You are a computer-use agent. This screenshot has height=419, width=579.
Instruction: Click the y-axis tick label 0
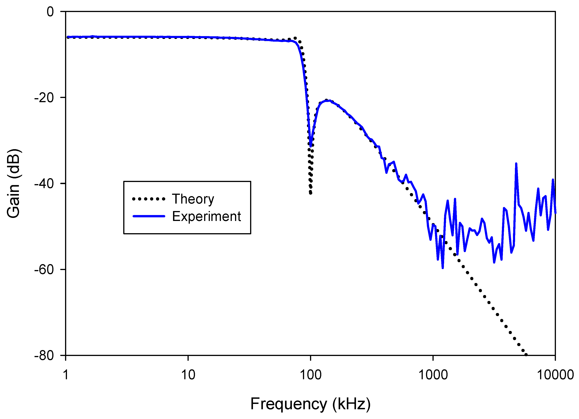[50, 12]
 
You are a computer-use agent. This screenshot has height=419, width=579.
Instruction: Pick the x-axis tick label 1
[66, 375]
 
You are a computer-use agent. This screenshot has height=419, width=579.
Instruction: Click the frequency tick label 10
[188, 375]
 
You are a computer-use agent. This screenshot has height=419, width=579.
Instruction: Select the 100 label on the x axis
[310, 375]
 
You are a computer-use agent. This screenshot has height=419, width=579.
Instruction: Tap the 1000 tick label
[433, 375]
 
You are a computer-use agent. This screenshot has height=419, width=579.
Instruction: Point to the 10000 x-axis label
[555, 375]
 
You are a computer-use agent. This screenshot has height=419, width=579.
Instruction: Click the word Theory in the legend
[193, 199]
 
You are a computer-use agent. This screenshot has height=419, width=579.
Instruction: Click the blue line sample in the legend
[149, 216]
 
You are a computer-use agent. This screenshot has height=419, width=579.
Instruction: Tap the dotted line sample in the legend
[149, 199]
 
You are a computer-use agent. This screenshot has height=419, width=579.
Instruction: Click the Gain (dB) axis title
[13, 184]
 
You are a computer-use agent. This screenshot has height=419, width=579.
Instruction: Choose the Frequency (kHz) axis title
[310, 404]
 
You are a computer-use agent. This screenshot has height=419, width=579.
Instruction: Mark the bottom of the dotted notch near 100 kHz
[310, 193]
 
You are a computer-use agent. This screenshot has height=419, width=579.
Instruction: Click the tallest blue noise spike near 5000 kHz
[516, 163]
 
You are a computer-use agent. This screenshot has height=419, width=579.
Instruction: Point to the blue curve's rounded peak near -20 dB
[328, 101]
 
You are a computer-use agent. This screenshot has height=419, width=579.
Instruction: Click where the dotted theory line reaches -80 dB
[526, 355]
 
